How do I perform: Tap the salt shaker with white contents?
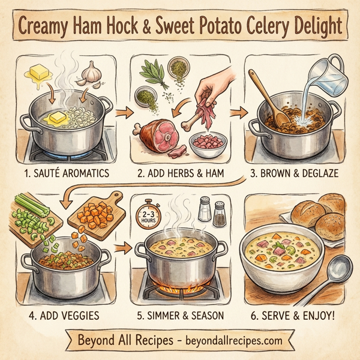(x=205, y=211)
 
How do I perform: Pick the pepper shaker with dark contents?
(x=220, y=214)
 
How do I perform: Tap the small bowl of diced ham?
(x=207, y=143)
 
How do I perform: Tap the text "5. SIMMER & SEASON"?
(x=180, y=313)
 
